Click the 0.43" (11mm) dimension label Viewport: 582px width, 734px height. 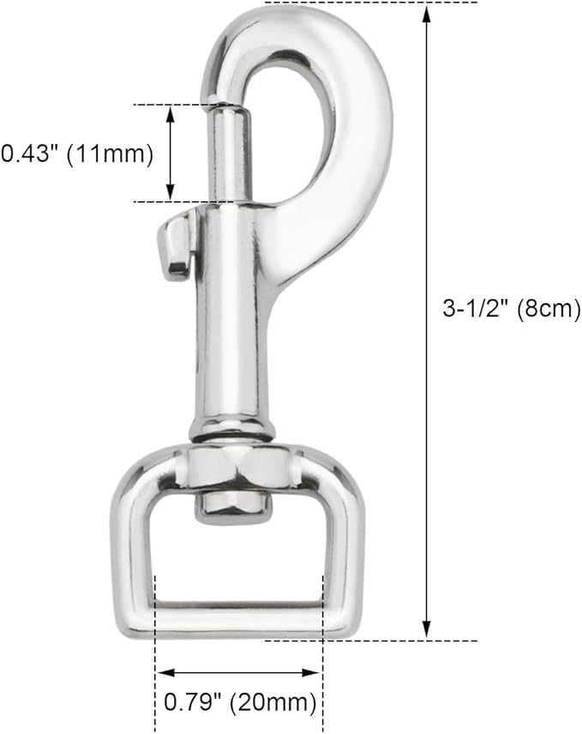click(76, 154)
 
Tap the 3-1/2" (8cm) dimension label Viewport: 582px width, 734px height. click(512, 308)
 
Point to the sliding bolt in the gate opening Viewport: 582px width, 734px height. click(230, 154)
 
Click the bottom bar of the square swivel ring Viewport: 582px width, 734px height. click(238, 618)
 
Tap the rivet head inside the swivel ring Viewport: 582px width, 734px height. click(230, 505)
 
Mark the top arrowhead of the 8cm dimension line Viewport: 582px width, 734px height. click(427, 10)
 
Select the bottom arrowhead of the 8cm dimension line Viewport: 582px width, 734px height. click(427, 632)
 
